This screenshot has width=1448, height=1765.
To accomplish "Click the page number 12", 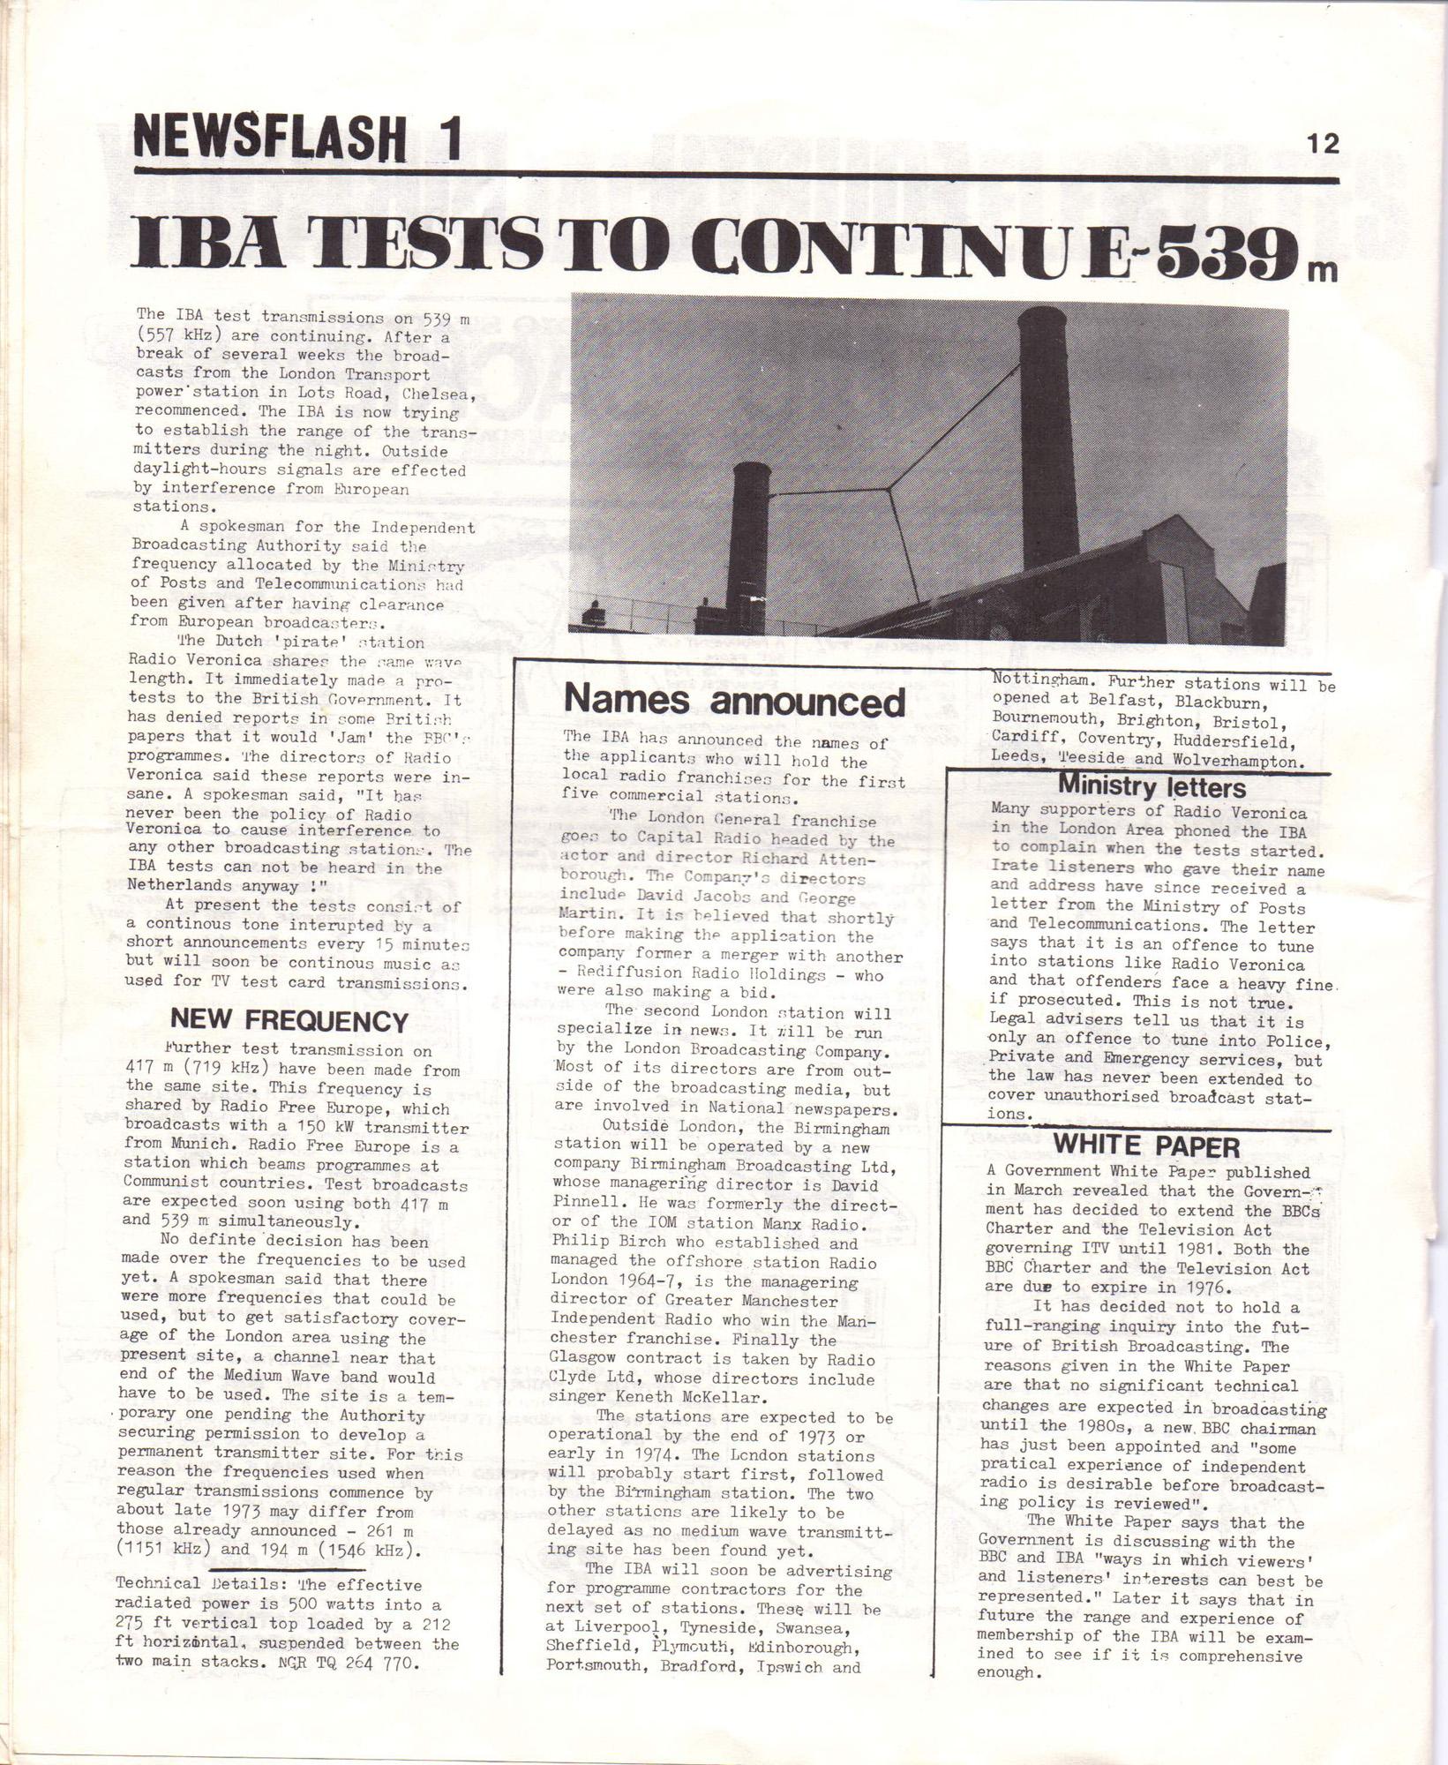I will click(1324, 144).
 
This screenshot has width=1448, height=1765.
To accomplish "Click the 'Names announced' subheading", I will click(734, 702).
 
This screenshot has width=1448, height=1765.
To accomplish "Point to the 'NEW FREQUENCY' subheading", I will click(289, 1021).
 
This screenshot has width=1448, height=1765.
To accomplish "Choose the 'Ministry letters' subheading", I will click(1152, 786).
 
